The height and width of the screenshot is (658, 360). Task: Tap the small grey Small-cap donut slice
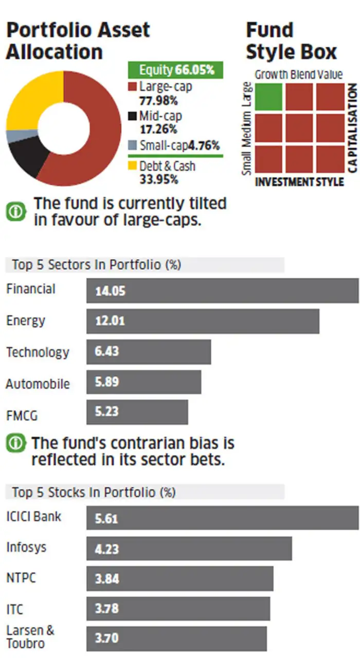14,136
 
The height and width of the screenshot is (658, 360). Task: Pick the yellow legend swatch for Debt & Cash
132,166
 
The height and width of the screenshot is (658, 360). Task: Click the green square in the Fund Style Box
268,96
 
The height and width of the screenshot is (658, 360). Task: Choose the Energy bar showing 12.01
203,322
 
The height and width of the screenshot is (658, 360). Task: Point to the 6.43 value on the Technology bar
106,352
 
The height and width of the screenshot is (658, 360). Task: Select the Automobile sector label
38,384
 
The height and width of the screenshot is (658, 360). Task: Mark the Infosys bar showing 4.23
189,548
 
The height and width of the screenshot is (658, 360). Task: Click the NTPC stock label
22,578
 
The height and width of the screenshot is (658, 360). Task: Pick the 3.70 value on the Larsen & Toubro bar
106,638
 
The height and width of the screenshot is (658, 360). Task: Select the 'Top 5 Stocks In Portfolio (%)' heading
93,492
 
